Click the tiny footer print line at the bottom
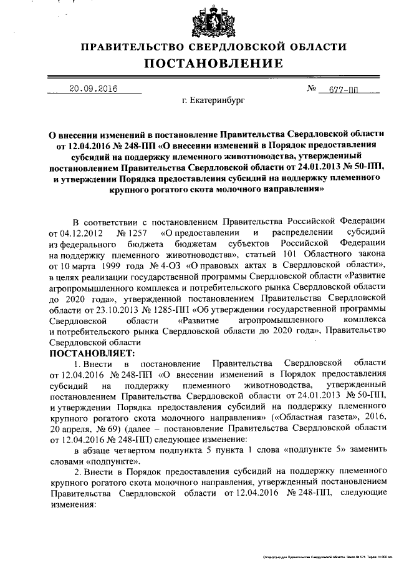pos(330,554)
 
